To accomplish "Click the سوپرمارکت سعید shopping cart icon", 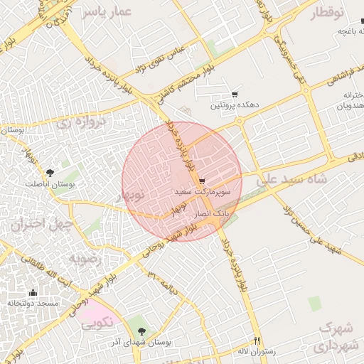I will pyautogui.click(x=203, y=181).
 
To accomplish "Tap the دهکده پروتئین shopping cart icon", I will pyautogui.click(x=235, y=95).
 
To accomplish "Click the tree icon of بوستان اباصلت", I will pyautogui.click(x=50, y=173).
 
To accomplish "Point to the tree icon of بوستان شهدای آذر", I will pyautogui.click(x=142, y=331).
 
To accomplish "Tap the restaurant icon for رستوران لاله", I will pyautogui.click(x=257, y=341).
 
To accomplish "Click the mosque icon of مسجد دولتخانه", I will pyautogui.click(x=33, y=292).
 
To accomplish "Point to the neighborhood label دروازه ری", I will pyautogui.click(x=80, y=122).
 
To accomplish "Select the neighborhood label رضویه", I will pyautogui.click(x=85, y=259).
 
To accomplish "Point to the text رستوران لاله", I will pyautogui.click(x=252, y=351).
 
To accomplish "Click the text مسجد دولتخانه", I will pyautogui.click(x=33, y=304).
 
